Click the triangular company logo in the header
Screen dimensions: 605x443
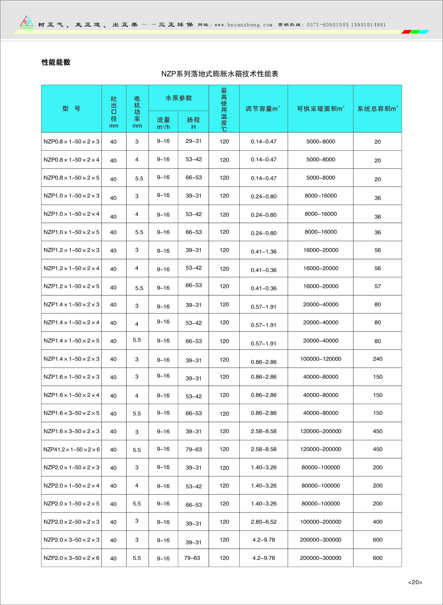pos(27,22)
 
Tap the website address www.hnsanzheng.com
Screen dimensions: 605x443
pos(243,25)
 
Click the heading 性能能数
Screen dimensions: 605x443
pos(56,62)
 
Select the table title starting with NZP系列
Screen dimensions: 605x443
pos(220,74)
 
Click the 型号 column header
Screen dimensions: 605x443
pos(71,109)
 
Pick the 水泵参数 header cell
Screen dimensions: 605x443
pos(179,98)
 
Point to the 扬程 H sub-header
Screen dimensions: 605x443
pos(193,123)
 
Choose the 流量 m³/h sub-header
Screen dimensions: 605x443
pos(163,123)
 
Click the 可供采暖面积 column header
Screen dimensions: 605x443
pos(320,109)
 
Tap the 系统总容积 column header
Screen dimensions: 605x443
pos(377,109)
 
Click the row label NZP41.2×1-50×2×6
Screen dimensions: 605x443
pos(71,450)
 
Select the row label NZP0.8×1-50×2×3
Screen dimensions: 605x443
pos(71,141)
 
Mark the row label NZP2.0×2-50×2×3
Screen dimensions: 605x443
pos(71,522)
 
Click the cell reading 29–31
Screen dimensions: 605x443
pos(193,141)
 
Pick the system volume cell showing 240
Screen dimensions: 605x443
pos(377,359)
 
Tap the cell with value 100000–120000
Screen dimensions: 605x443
pos(320,359)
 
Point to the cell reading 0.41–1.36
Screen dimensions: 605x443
pos(264,252)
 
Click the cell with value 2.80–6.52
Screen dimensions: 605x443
pos(264,522)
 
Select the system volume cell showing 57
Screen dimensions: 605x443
pos(377,286)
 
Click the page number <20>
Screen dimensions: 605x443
pos(415,582)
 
